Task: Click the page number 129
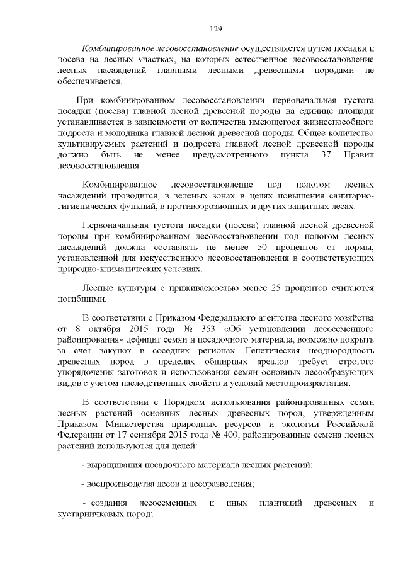(215, 29)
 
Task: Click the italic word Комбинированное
(115, 48)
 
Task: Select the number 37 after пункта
(326, 154)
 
